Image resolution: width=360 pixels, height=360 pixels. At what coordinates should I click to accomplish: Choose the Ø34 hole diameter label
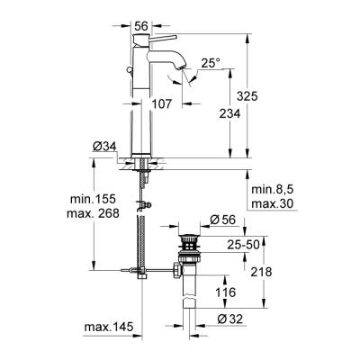click(104, 148)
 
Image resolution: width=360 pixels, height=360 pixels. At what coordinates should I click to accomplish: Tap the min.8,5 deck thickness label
click(274, 191)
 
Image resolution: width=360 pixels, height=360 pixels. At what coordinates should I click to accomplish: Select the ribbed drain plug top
click(190, 240)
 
